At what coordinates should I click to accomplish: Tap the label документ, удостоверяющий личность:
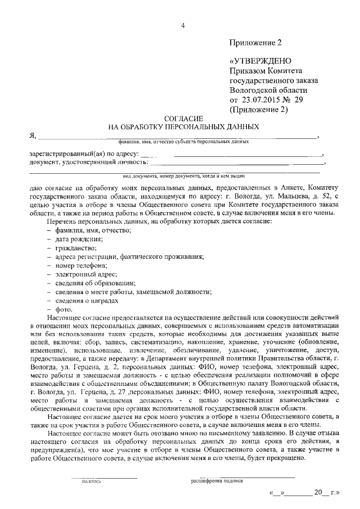click(x=89, y=163)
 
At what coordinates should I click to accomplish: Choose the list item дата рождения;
click(x=75, y=239)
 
